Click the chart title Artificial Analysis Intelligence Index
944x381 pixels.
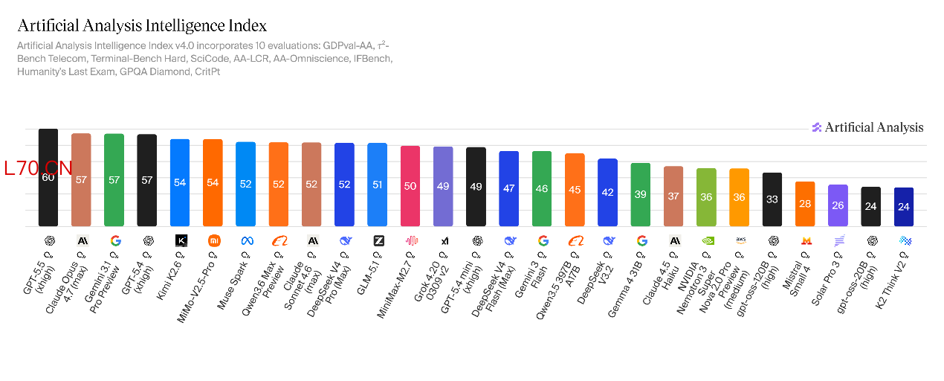coord(142,26)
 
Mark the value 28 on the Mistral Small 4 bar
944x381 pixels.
coord(805,204)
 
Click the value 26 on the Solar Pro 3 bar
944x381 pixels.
coord(838,205)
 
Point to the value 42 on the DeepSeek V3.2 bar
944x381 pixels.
coord(607,192)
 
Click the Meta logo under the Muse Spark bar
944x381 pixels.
coord(245,240)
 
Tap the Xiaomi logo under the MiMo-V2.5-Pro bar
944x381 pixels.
coord(213,240)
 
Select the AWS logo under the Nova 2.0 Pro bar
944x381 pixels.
coord(740,240)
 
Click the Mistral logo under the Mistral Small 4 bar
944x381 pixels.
coord(805,240)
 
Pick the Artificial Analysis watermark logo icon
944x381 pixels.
coord(816,127)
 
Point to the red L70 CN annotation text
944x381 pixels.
coord(39,168)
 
